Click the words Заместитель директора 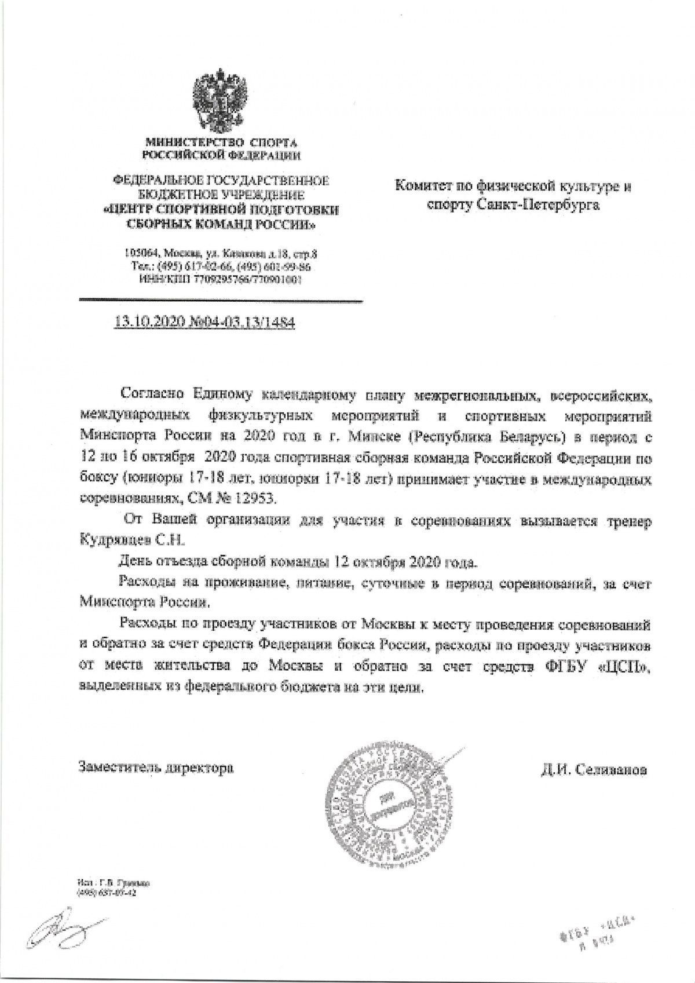[157, 768]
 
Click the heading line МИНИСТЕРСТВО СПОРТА [223, 142]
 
